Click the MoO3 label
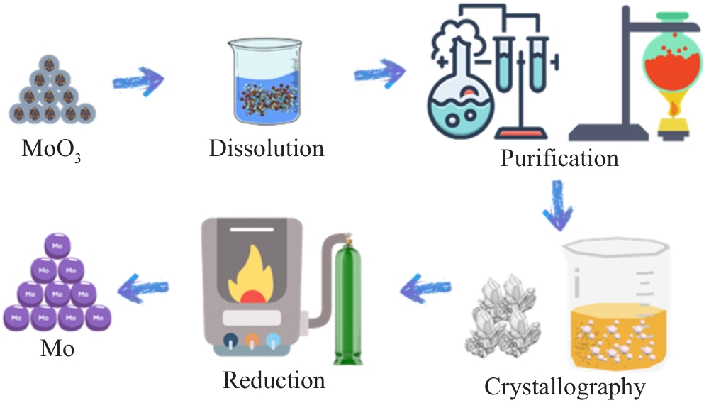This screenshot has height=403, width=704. [x=52, y=150]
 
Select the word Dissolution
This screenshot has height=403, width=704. [x=267, y=148]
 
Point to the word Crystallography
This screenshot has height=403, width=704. [x=565, y=387]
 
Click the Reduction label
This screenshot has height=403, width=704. [x=274, y=380]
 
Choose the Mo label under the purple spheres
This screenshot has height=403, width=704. [x=56, y=349]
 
